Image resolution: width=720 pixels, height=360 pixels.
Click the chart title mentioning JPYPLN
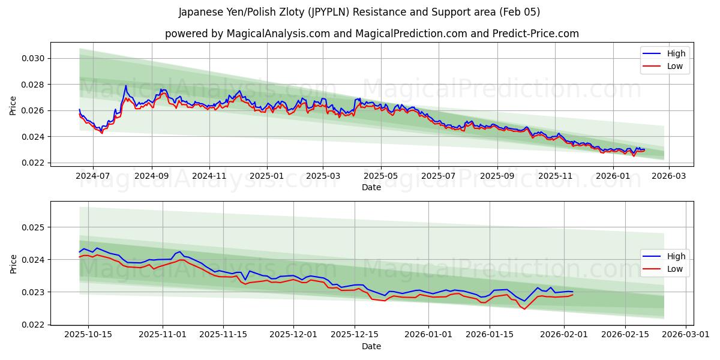pos(359,12)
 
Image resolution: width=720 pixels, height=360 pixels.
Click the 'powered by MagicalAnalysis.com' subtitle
pos(371,34)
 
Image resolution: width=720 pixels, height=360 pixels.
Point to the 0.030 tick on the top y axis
pos(34,58)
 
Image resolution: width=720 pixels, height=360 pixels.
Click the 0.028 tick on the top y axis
pos(34,85)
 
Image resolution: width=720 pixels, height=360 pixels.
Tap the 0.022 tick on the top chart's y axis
pos(34,163)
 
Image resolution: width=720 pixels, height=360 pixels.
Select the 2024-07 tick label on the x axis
pos(93,176)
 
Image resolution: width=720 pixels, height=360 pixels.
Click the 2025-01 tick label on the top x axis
pos(266,176)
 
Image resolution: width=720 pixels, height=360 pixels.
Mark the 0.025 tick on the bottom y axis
pos(34,227)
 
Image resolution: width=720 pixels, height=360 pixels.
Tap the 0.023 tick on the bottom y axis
pos(34,292)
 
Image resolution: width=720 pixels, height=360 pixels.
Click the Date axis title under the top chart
pos(371,187)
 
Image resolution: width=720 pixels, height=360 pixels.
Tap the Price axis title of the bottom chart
pos(13,263)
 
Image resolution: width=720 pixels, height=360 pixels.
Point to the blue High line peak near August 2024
pos(126,85)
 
